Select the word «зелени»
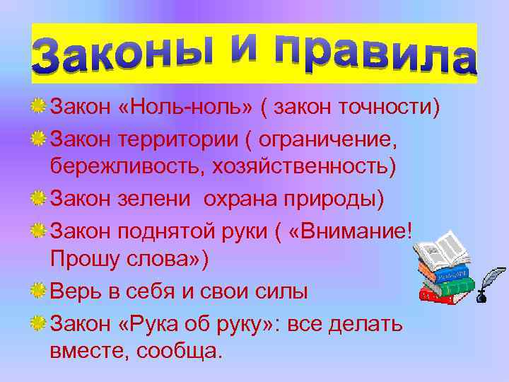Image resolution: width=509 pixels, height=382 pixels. [160, 198]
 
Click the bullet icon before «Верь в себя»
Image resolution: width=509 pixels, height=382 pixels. [40, 289]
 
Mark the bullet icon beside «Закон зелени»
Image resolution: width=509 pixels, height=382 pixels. [40, 198]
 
